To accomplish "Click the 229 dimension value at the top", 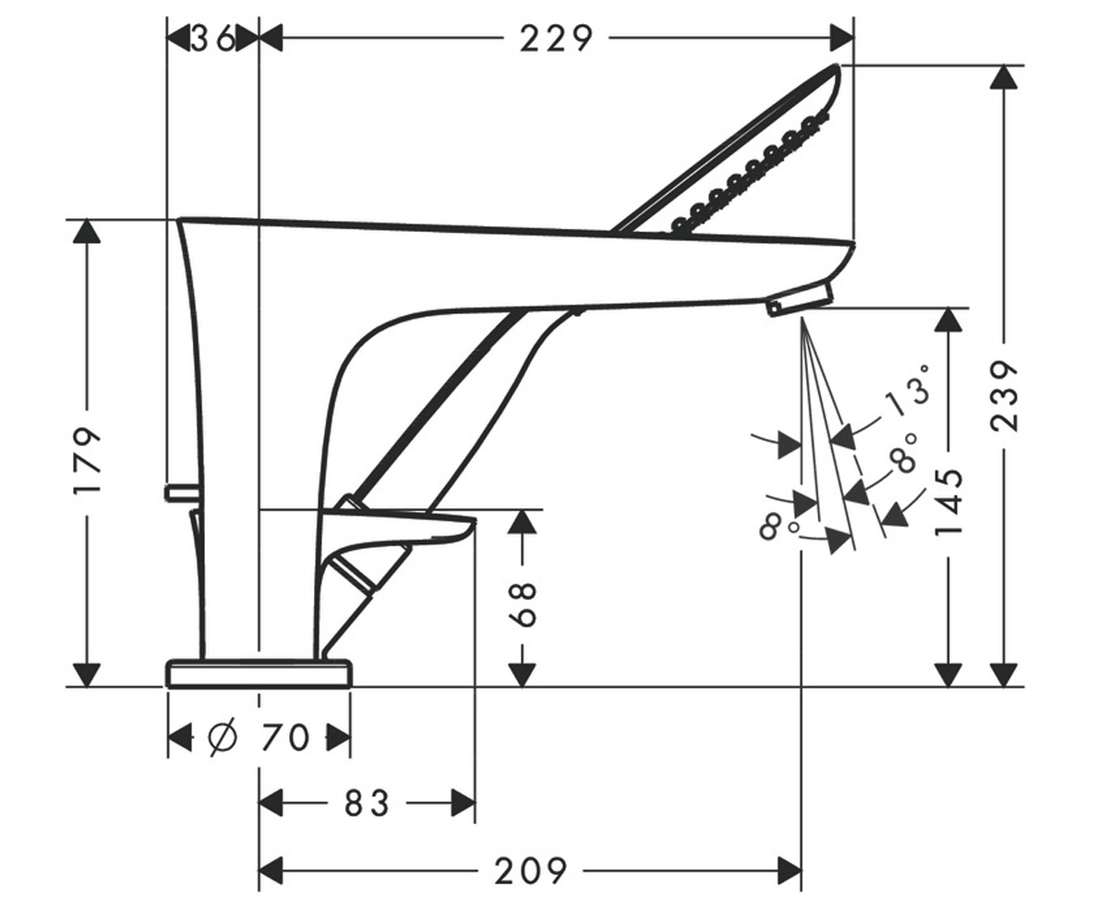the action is tap(556, 39).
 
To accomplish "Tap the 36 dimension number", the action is tap(212, 39).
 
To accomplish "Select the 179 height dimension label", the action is tap(87, 461).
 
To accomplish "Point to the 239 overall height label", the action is tap(1005, 396).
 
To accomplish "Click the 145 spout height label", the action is tap(948, 503).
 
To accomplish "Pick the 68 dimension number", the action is tap(523, 605).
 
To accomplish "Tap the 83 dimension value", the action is tap(367, 803).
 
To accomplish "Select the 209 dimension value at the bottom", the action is tap(530, 871).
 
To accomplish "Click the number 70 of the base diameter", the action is tap(284, 737).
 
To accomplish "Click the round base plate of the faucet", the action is tap(259, 674).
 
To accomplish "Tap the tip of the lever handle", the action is tap(474, 522).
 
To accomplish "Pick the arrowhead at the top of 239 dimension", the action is tap(1004, 78).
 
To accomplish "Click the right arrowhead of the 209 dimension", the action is tap(789, 871).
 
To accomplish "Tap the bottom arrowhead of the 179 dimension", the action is tap(87, 675).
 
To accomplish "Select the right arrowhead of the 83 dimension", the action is tap(463, 803).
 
